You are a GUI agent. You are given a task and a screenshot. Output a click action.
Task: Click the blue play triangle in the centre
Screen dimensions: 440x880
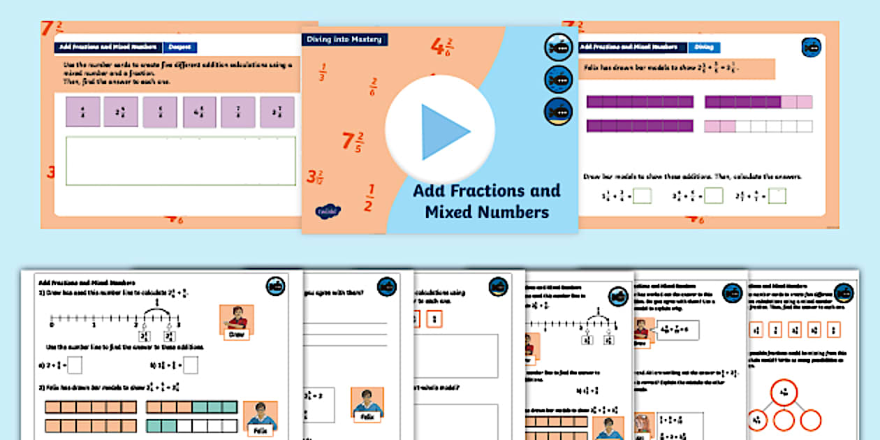click(443, 131)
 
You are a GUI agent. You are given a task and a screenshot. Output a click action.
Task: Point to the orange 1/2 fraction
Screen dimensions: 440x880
click(369, 198)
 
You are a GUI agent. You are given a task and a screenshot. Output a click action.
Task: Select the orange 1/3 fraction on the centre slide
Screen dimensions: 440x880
click(323, 71)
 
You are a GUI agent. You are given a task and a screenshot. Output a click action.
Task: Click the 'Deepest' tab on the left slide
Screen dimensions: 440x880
click(180, 47)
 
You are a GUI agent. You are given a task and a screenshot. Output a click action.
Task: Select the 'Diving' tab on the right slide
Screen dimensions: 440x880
click(704, 47)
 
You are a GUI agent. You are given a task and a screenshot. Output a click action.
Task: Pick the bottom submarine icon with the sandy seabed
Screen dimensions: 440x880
click(558, 111)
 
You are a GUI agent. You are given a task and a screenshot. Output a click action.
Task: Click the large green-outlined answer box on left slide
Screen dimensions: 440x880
click(180, 161)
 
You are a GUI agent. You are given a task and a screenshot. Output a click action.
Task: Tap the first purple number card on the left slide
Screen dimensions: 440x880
click(83, 112)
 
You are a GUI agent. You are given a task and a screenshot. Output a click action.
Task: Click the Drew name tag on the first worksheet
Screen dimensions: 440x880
click(236, 335)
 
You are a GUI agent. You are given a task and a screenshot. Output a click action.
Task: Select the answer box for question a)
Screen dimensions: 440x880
click(75, 365)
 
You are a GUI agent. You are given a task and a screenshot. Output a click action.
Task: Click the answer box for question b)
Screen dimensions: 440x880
click(191, 365)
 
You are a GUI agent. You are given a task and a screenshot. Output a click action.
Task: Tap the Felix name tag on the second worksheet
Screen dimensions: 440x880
click(367, 417)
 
